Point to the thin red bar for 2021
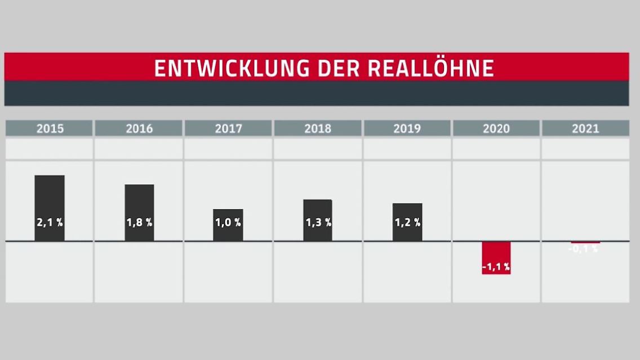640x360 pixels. tap(585, 242)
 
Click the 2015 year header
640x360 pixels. tap(50, 128)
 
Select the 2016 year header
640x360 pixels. tap(139, 128)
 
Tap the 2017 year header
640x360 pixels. tap(228, 128)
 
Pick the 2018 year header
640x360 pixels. tap(318, 128)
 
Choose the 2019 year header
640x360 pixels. tap(407, 128)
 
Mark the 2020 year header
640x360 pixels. tap(496, 128)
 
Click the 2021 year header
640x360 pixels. tap(585, 128)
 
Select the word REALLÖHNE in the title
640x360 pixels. tap(431, 68)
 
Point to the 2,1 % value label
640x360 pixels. tap(50, 223)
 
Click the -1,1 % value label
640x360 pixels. tap(496, 267)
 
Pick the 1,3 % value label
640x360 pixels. tap(318, 223)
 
